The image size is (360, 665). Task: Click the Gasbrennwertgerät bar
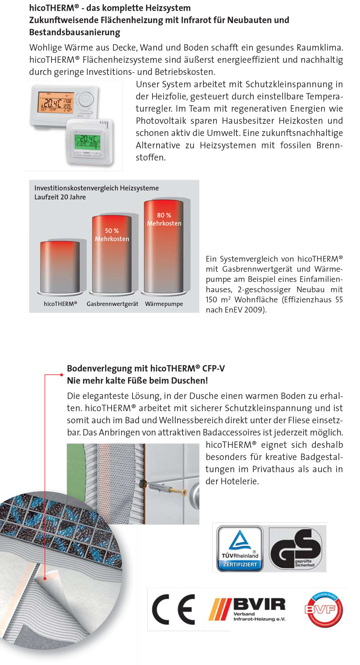click(x=112, y=259)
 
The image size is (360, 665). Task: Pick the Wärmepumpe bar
click(x=164, y=252)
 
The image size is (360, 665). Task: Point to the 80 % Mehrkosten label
click(x=164, y=219)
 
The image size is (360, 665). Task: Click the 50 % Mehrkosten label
click(x=112, y=235)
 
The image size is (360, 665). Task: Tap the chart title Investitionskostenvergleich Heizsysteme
click(x=96, y=188)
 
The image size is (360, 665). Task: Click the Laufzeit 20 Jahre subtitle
click(x=60, y=197)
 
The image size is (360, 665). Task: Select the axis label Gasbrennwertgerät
click(x=112, y=304)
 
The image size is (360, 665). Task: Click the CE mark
click(x=174, y=610)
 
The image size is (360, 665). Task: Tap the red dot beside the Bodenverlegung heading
click(x=62, y=375)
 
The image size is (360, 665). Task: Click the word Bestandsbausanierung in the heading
click(x=75, y=32)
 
